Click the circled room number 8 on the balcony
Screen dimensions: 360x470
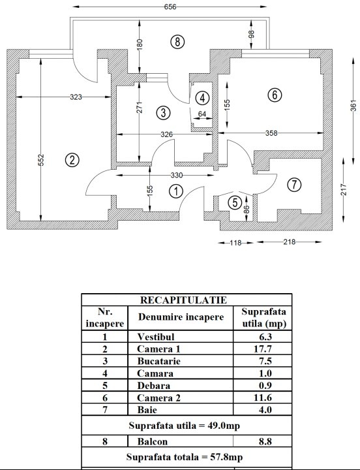click(177, 42)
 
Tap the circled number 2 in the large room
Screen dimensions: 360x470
click(72, 160)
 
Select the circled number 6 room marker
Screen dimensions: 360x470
click(275, 95)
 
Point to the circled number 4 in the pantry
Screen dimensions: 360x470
click(202, 98)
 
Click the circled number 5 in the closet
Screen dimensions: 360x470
click(235, 203)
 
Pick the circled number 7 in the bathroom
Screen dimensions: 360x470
click(294, 185)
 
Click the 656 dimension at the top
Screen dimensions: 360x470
click(170, 7)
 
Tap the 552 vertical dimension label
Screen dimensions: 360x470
click(42, 160)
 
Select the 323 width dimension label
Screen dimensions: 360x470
click(76, 97)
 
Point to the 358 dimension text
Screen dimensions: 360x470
click(271, 133)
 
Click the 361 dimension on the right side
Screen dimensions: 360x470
click(353, 106)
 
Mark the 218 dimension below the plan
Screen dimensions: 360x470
click(290, 242)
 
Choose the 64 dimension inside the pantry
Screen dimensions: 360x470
click(202, 114)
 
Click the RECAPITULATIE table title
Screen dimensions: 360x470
click(184, 300)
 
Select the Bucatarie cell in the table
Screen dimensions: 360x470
click(158, 361)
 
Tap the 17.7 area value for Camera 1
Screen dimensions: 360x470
click(263, 349)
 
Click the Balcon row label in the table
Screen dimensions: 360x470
click(153, 441)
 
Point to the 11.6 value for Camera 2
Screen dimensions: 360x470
click(263, 398)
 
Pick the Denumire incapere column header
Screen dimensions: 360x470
click(181, 317)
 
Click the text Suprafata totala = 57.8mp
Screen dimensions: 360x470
click(185, 457)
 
